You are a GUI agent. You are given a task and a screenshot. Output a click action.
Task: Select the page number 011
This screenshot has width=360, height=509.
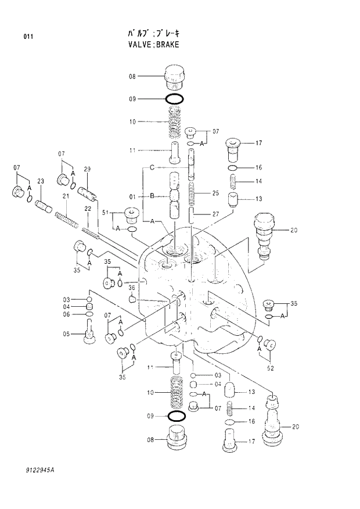pyautogui.click(x=28, y=37)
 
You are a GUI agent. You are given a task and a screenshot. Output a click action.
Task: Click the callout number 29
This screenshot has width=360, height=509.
pyautogui.click(x=88, y=169)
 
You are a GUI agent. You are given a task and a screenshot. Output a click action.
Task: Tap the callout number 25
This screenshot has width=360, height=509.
pyautogui.click(x=215, y=192)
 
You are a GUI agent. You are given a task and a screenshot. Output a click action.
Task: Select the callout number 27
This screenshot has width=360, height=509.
pyautogui.click(x=215, y=214)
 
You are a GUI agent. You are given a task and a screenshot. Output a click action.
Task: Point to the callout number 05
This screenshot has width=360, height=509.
pyautogui.click(x=66, y=334)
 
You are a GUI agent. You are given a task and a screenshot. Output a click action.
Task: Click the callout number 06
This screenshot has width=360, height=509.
pyautogui.click(x=66, y=314)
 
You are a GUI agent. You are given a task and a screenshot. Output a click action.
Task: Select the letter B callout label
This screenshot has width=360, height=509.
pyautogui.click(x=152, y=196)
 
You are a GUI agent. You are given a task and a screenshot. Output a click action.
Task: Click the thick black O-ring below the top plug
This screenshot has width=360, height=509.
pyautogui.click(x=175, y=99)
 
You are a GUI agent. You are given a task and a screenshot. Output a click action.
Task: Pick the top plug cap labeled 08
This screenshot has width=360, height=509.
pyautogui.click(x=175, y=76)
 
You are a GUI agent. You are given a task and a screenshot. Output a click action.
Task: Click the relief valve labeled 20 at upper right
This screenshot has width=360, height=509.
pyautogui.click(x=265, y=234)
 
